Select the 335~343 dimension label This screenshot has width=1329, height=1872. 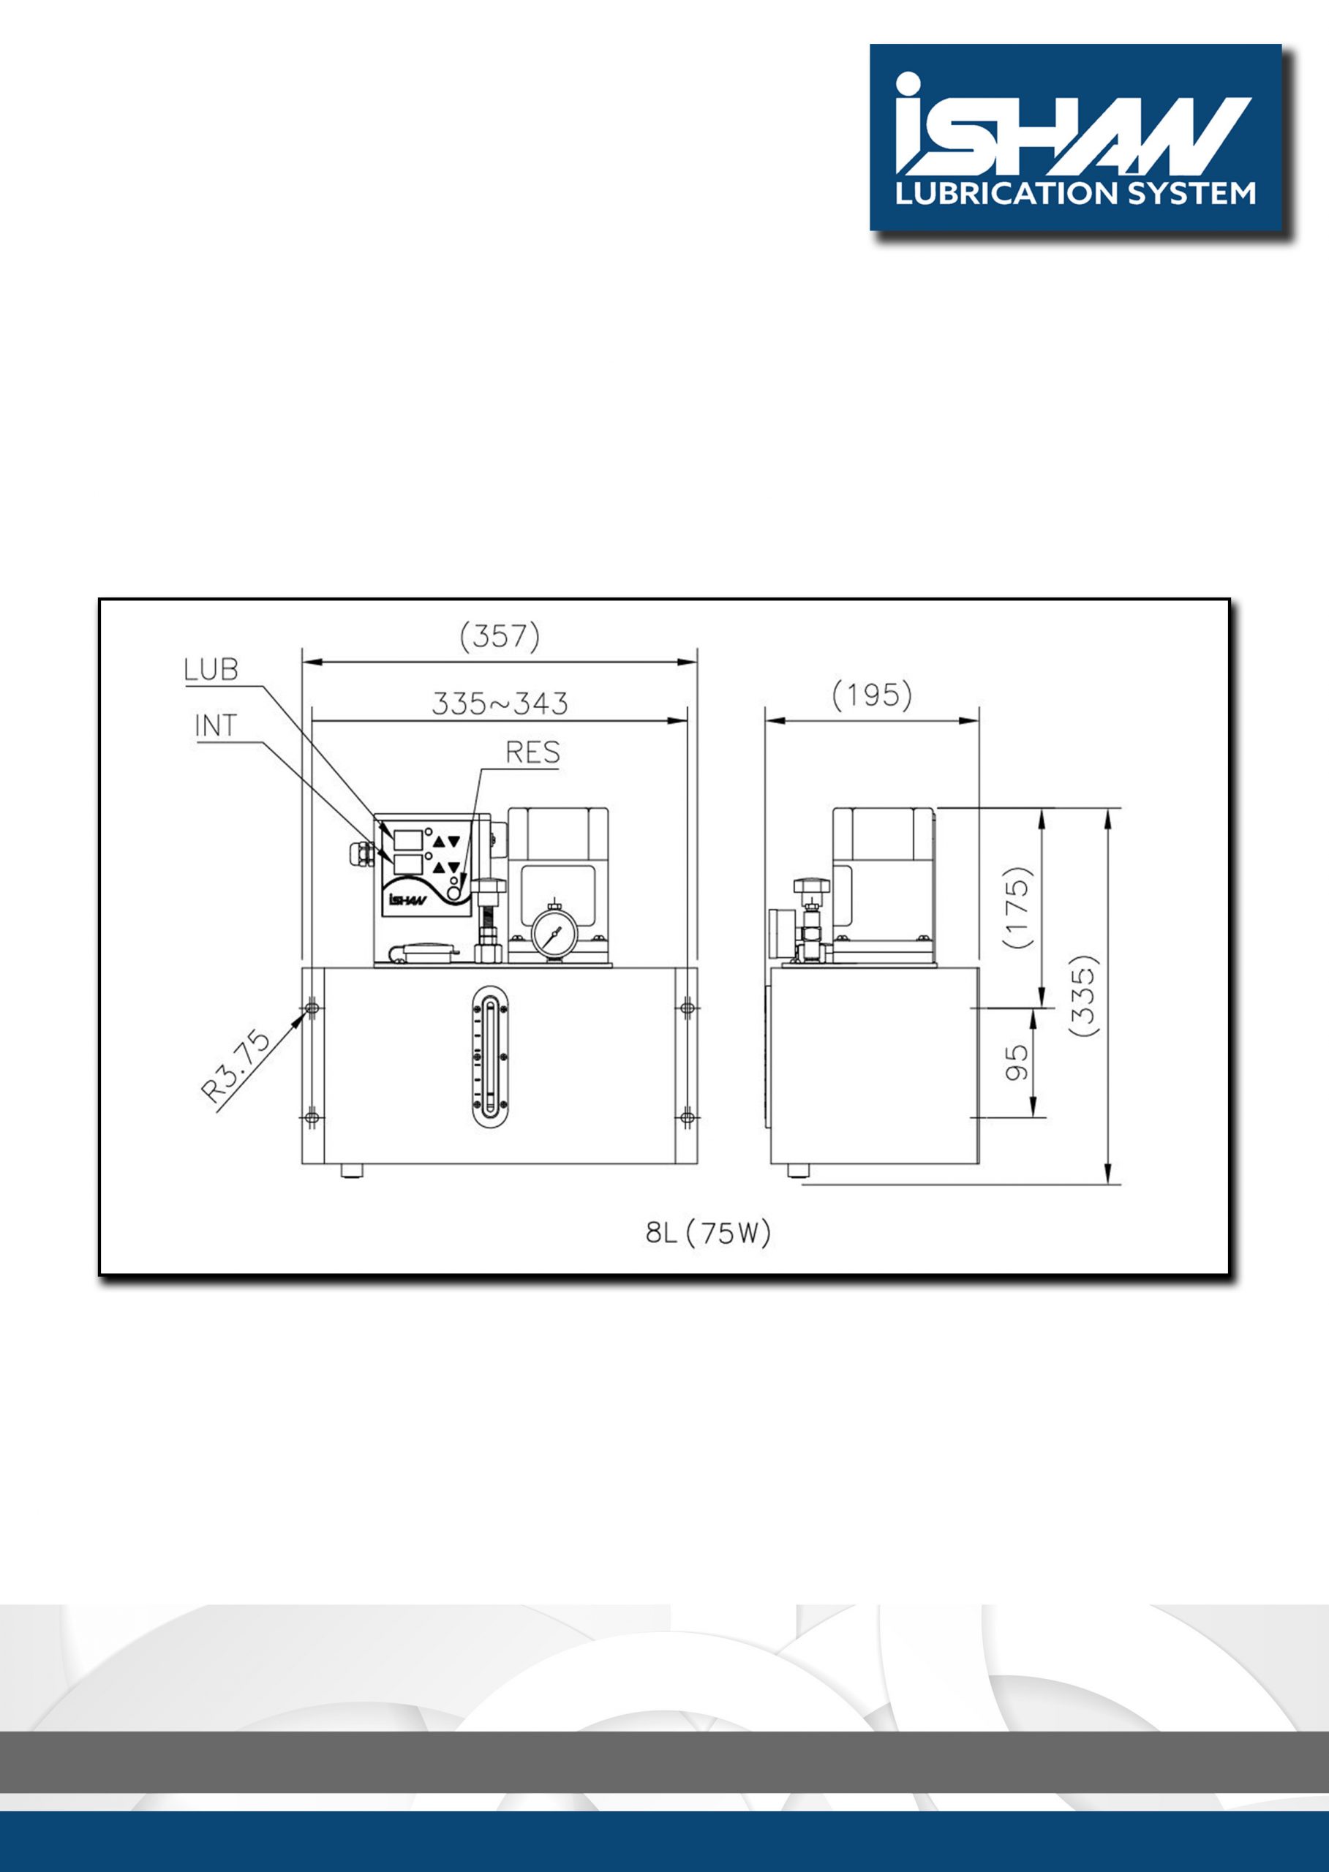(x=499, y=703)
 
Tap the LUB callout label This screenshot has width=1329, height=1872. (x=211, y=670)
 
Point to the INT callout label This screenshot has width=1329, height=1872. (x=216, y=725)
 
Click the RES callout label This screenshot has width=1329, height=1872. (x=532, y=752)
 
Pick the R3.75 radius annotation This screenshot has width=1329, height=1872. (x=236, y=1067)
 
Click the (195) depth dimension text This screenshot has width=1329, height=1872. (x=872, y=696)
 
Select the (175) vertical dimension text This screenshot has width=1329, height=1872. (x=1018, y=907)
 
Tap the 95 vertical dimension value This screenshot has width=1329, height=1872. (x=1017, y=1063)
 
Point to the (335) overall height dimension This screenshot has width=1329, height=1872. (x=1083, y=997)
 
